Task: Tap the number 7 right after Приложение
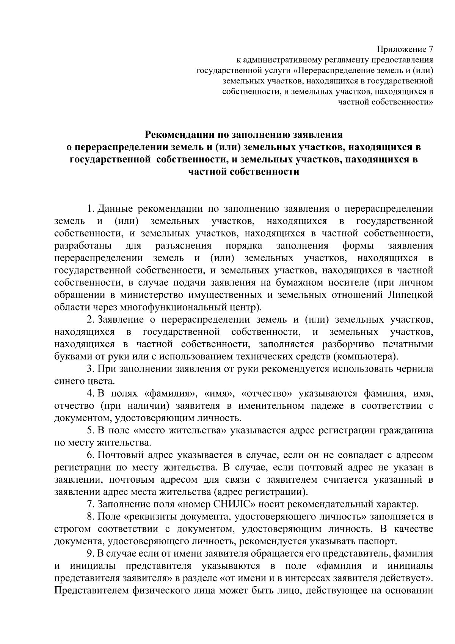tap(430, 50)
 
